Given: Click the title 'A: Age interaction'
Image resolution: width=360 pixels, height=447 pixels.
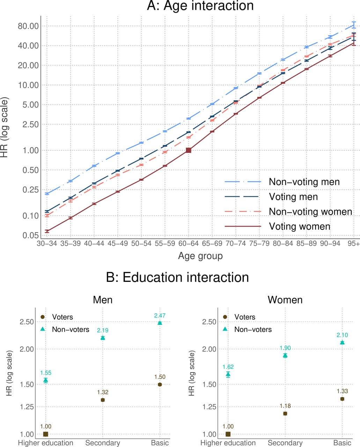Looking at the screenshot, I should click(200, 6).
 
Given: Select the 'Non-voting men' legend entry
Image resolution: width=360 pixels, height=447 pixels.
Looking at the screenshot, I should click(304, 182).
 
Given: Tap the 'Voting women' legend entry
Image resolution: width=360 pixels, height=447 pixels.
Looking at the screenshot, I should click(299, 226).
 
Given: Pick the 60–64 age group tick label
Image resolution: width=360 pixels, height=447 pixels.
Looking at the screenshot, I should click(189, 243).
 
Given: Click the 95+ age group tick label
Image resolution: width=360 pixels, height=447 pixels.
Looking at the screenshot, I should click(353, 243).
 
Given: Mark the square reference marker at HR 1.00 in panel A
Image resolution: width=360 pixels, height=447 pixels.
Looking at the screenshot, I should click(189, 150).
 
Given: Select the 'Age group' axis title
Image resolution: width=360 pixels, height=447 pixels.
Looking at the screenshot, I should click(200, 256).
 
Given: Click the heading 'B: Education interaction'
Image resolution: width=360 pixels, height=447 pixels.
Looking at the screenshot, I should click(178, 277).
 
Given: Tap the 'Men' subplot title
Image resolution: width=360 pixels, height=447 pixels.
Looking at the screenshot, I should click(103, 300).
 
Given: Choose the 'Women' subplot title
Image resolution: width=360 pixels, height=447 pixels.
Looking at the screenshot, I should click(285, 300).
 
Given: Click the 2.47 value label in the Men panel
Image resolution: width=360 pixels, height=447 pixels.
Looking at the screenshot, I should click(160, 316).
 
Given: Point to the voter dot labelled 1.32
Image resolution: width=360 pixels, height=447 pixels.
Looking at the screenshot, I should click(103, 400).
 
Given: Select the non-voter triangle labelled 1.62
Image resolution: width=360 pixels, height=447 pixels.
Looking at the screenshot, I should click(228, 374).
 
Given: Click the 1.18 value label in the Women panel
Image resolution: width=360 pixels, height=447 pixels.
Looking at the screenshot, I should click(285, 406).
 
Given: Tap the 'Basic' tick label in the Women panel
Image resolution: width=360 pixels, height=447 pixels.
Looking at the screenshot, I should click(342, 443).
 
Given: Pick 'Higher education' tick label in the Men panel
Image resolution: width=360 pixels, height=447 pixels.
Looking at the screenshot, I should click(45, 443).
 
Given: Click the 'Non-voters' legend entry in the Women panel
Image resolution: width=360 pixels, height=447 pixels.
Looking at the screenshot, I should click(253, 329).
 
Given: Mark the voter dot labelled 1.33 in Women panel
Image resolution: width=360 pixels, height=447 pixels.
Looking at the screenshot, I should click(342, 399).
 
